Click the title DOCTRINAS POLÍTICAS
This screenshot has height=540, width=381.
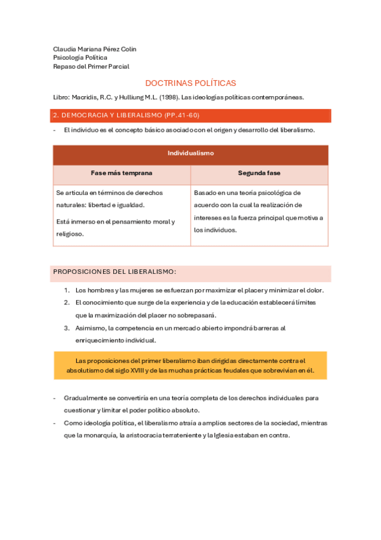point(190,83)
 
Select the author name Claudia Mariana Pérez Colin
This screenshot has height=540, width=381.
point(94,49)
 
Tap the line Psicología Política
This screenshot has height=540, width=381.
point(80,57)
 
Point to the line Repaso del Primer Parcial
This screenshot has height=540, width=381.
point(91,66)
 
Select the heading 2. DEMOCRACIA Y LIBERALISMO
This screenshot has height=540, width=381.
point(106,115)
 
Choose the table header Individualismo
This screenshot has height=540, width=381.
point(190,153)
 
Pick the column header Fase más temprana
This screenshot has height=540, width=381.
point(121,173)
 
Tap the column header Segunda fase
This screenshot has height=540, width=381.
point(259,173)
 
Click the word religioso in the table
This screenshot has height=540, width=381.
point(69,234)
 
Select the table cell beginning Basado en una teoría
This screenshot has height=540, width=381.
point(258,211)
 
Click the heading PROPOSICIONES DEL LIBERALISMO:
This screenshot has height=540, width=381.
point(114,271)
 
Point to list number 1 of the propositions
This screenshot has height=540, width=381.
point(67,290)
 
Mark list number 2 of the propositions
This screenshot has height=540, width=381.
point(67,302)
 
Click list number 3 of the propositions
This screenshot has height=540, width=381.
point(67,328)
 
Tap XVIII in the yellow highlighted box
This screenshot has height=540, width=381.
point(138,371)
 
